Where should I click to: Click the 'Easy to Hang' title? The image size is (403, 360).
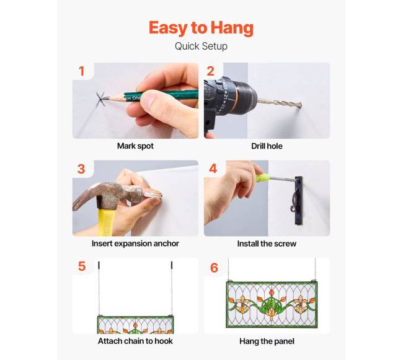pyautogui.click(x=201, y=29)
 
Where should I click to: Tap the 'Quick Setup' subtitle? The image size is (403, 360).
pyautogui.click(x=201, y=46)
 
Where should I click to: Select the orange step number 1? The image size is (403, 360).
pyautogui.click(x=82, y=71)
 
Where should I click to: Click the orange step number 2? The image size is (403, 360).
pyautogui.click(x=211, y=71)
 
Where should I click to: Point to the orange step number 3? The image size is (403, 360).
pyautogui.click(x=81, y=169)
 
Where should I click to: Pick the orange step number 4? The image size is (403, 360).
pyautogui.click(x=213, y=169)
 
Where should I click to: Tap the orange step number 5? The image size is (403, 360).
pyautogui.click(x=82, y=266)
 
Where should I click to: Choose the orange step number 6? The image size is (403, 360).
pyautogui.click(x=214, y=268)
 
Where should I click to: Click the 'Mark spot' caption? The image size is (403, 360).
pyautogui.click(x=135, y=146)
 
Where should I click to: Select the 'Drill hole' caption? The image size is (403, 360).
pyautogui.click(x=267, y=146)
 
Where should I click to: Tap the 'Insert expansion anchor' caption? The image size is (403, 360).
pyautogui.click(x=135, y=244)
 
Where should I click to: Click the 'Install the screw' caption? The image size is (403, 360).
pyautogui.click(x=267, y=244)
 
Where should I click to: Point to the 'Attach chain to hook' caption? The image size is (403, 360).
pyautogui.click(x=135, y=341)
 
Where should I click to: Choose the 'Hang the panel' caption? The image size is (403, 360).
pyautogui.click(x=267, y=341)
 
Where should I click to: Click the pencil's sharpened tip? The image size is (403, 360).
pyautogui.click(x=104, y=99)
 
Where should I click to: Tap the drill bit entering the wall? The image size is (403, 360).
pyautogui.click(x=280, y=103)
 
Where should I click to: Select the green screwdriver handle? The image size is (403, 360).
pyautogui.click(x=262, y=177)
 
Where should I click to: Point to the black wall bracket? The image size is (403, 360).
pyautogui.click(x=299, y=201)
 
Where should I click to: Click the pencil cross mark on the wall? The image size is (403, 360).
pyautogui.click(x=100, y=99)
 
